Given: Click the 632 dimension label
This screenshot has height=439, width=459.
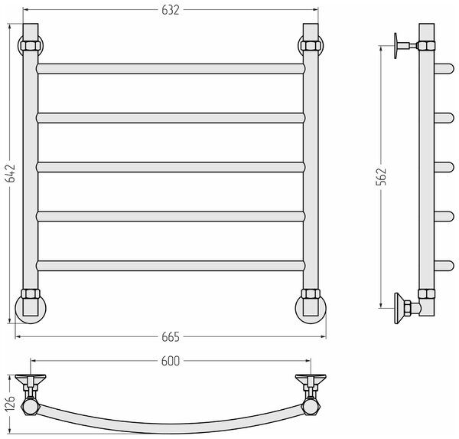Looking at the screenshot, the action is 171,10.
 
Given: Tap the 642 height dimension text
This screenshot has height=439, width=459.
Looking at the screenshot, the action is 11,173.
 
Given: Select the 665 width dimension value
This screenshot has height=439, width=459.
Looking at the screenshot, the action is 171,337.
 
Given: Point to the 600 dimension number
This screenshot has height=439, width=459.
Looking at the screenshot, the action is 171,362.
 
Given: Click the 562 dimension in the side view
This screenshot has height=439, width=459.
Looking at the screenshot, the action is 381,176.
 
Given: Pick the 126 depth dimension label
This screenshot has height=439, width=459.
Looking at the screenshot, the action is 10,403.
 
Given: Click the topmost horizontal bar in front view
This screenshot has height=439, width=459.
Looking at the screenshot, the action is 171,69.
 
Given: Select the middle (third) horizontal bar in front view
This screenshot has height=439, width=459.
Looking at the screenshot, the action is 171,167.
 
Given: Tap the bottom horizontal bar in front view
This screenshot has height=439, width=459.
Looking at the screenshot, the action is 171,266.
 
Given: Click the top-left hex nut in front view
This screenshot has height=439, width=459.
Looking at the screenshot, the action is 30,46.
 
